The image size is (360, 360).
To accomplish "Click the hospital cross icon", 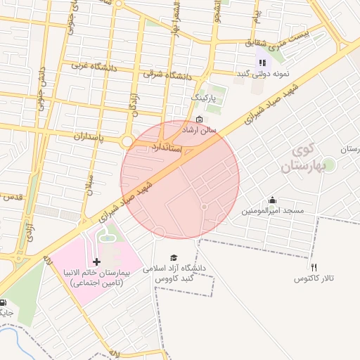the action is pos(97,262).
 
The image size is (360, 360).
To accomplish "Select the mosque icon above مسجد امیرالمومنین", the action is pos(273,200).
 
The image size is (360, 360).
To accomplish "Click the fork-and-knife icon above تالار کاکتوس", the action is pos(314,268).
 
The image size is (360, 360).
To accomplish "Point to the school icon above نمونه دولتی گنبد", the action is pos(262,63).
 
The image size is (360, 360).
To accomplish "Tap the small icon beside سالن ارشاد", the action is pos(199,119).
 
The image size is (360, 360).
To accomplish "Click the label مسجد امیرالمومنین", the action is pos(273,211).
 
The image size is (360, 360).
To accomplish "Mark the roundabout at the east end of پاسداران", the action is pos(127,141).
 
